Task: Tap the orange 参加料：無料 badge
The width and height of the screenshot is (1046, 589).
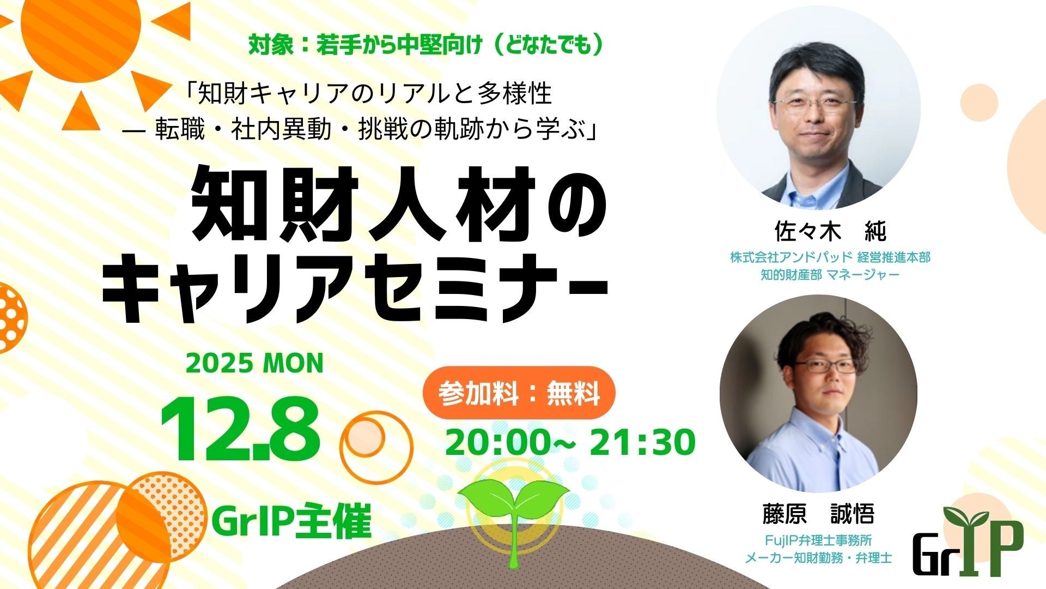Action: (x=519, y=393)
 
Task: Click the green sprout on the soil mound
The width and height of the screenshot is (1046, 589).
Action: (x=513, y=513)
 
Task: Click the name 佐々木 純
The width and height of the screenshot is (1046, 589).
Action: (x=830, y=231)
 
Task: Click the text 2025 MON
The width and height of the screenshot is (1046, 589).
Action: (x=254, y=364)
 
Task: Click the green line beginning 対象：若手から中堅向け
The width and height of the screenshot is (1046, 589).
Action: (x=426, y=46)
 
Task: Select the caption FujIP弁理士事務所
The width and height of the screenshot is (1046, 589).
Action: (x=818, y=540)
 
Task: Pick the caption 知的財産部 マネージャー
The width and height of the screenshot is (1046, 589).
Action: (x=830, y=274)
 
